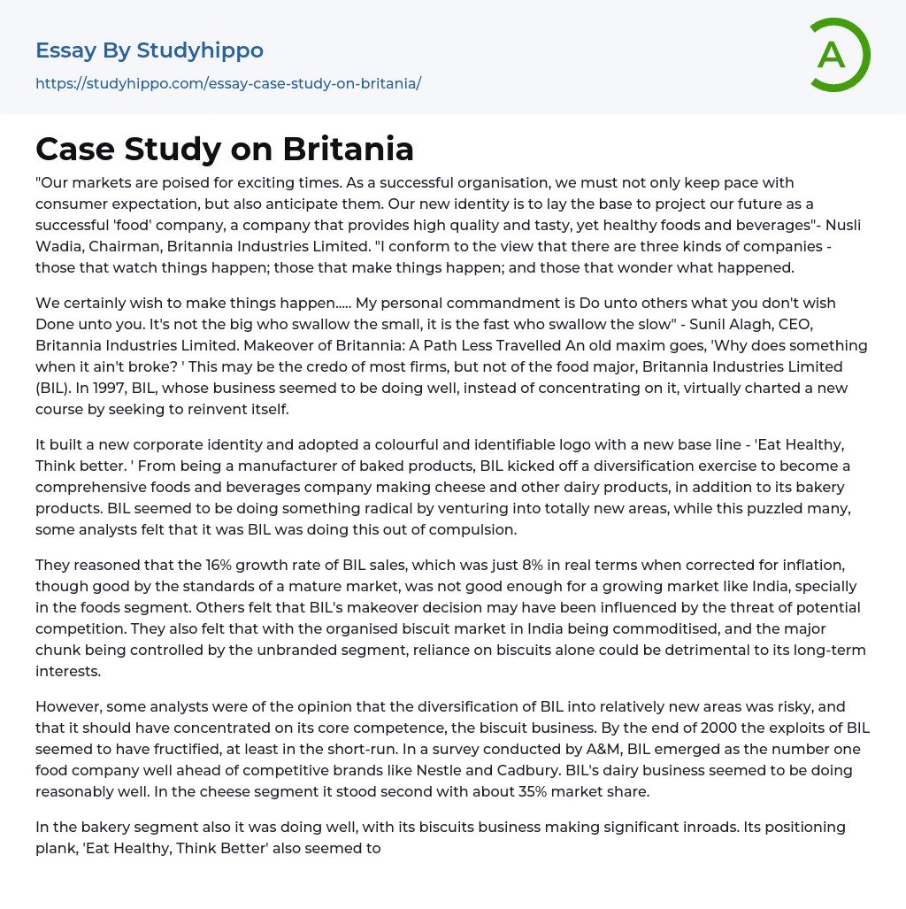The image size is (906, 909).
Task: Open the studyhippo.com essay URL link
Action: pyautogui.click(x=228, y=83)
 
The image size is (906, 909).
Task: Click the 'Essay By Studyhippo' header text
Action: pyautogui.click(x=150, y=50)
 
